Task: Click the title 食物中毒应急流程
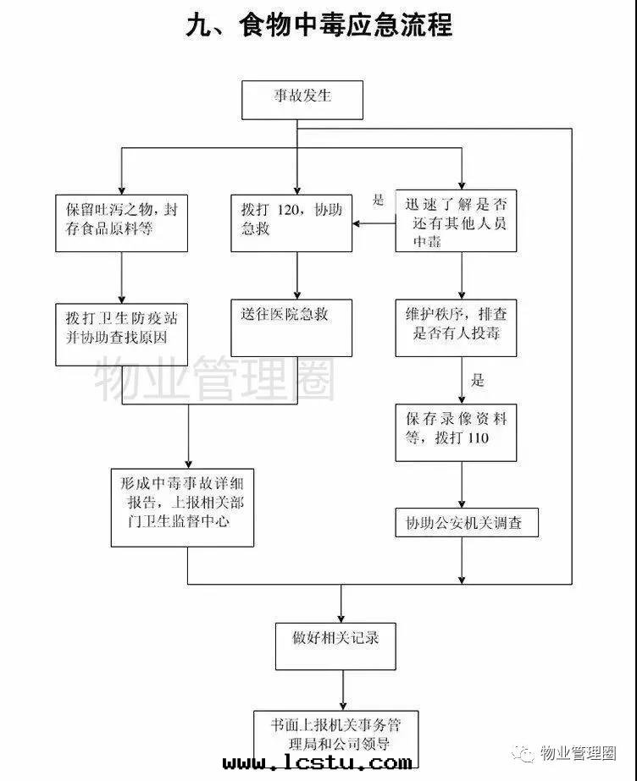pyautogui.click(x=318, y=25)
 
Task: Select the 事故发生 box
pyautogui.click(x=302, y=100)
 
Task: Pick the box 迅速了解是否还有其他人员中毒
pyautogui.click(x=455, y=220)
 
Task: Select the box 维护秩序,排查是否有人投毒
pyautogui.click(x=455, y=328)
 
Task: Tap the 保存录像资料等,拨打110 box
pyautogui.click(x=455, y=432)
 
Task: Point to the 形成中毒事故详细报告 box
pyautogui.click(x=182, y=506)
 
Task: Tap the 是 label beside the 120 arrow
pyautogui.click(x=378, y=201)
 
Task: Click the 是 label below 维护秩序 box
pyautogui.click(x=478, y=380)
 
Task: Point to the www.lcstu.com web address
pyautogui.click(x=318, y=763)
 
